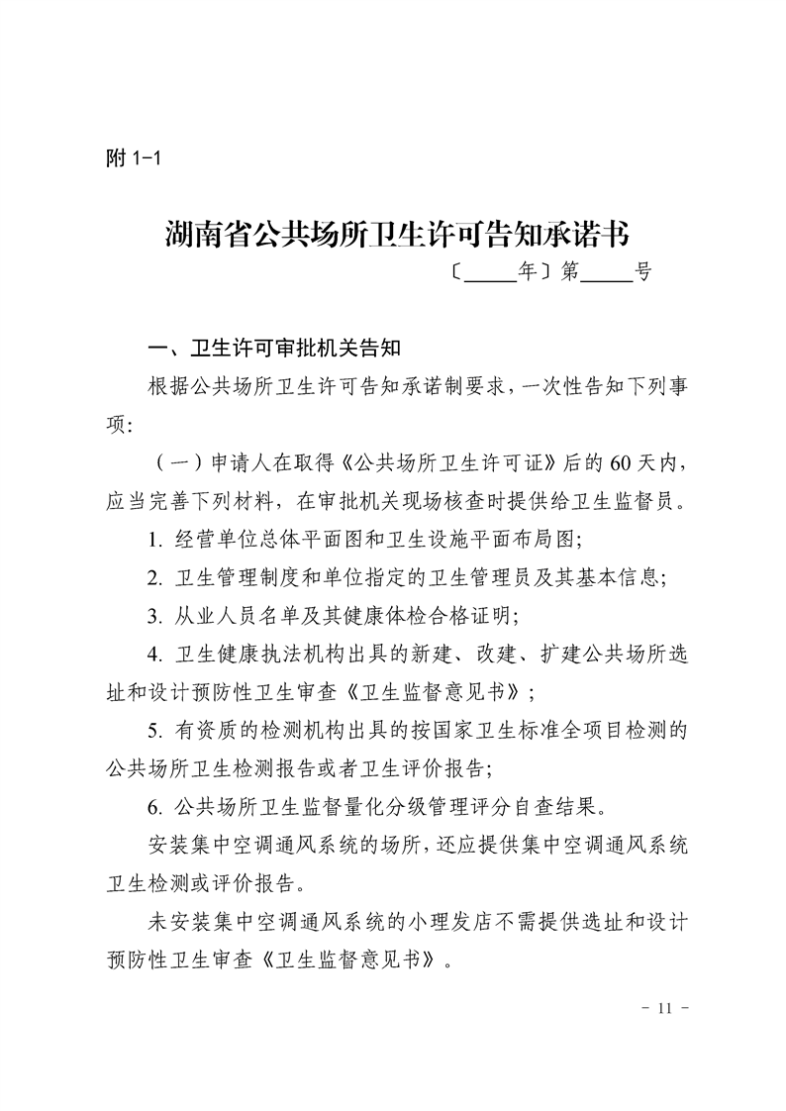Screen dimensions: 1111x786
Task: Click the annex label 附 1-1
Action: pyautogui.click(x=132, y=158)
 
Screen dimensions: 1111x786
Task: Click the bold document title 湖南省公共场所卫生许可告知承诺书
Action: pyautogui.click(x=396, y=236)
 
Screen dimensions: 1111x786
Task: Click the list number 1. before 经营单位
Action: pyautogui.click(x=155, y=540)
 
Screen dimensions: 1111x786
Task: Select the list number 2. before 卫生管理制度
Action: pyautogui.click(x=155, y=577)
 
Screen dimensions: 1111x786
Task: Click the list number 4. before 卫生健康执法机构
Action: pyautogui.click(x=155, y=654)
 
